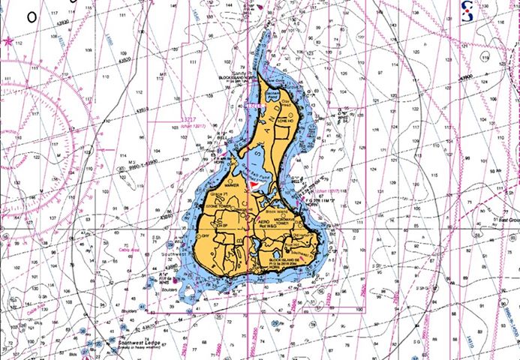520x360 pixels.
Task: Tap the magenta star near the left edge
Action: (x=8, y=41)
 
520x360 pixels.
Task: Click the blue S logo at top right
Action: (x=468, y=10)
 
